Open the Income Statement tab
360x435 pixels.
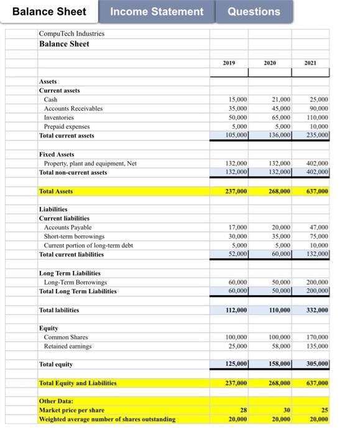(x=157, y=11)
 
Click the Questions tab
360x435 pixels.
(x=253, y=11)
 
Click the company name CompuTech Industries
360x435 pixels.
(x=72, y=34)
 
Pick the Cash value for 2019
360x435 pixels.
(x=238, y=99)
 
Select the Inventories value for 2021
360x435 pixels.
(x=318, y=117)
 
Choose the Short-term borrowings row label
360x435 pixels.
(x=74, y=236)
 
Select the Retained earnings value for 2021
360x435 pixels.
(x=318, y=346)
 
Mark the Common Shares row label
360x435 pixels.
(x=65, y=337)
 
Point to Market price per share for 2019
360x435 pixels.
(x=243, y=411)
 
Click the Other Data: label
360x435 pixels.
(x=56, y=401)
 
